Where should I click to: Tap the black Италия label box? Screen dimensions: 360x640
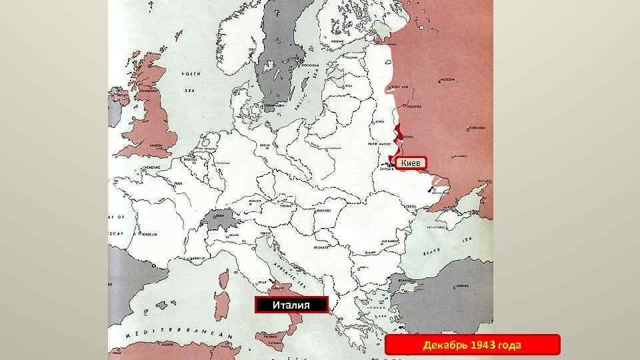(x=292, y=305)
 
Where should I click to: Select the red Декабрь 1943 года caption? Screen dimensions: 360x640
(x=473, y=345)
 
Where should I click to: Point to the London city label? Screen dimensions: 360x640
(x=158, y=145)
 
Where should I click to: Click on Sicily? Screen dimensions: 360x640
(x=281, y=341)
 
